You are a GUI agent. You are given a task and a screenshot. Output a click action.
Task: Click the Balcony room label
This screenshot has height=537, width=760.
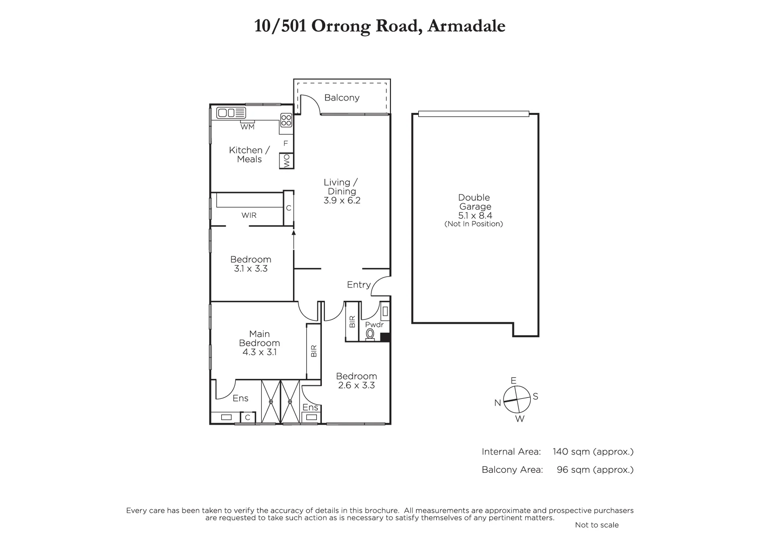point(342,98)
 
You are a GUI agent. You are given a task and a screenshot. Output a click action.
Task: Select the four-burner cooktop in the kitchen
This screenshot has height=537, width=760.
point(286,120)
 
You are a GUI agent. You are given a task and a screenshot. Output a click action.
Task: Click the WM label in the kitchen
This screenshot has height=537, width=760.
point(247,127)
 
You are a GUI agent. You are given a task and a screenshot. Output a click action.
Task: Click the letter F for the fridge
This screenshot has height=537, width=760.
point(285,144)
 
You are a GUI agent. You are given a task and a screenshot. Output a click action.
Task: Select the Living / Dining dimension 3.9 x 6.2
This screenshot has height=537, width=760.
point(342,201)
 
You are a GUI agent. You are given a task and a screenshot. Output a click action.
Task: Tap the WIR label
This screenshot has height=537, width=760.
point(249,215)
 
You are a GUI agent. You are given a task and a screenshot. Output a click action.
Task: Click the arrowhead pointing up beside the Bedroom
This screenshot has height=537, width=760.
point(293,232)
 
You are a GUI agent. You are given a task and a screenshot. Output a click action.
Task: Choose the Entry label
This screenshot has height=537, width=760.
point(359,285)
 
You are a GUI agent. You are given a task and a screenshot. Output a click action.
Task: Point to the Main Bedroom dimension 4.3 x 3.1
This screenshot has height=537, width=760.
point(259,352)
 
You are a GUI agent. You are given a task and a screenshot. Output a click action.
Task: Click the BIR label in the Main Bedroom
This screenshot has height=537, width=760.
point(314,351)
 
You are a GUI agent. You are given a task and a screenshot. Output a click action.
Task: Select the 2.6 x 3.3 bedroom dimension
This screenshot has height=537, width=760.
point(356,385)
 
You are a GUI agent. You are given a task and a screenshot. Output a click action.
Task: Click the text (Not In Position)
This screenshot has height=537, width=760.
point(474,224)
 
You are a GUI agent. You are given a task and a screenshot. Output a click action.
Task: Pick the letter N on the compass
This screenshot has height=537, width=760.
point(497,403)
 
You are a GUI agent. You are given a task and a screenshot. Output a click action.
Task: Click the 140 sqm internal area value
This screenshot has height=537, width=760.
point(570,452)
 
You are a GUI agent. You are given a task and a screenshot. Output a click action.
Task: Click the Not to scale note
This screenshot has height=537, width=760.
point(597,525)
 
